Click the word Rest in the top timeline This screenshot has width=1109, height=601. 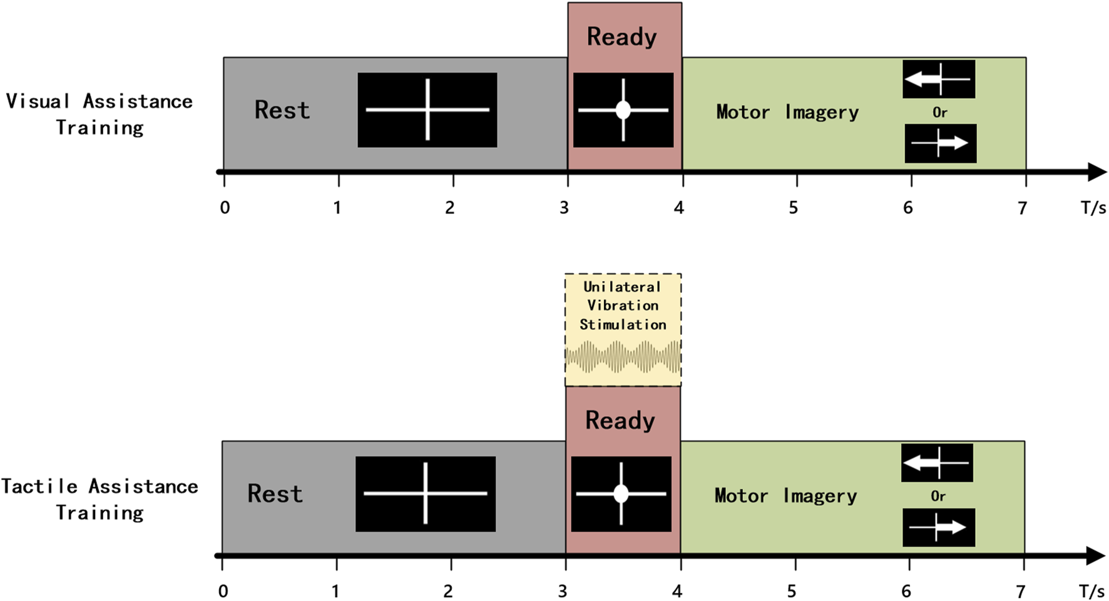[x=282, y=110]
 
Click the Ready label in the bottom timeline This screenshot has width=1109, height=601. [x=620, y=420]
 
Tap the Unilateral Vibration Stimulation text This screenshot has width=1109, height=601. [x=622, y=306]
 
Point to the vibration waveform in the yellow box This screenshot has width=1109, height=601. [x=623, y=357]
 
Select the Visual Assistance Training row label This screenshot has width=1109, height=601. [x=100, y=114]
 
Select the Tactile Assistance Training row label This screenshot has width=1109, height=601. [x=100, y=499]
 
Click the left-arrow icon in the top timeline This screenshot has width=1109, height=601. [x=938, y=80]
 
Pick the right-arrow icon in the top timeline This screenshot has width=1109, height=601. [x=941, y=143]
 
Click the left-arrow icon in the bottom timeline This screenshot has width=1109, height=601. [x=937, y=463]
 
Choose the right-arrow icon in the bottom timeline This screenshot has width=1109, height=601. [x=938, y=527]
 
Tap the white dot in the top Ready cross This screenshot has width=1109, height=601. [x=623, y=110]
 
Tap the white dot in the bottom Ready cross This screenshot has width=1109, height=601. [x=621, y=494]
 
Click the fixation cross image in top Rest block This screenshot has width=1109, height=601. [x=427, y=110]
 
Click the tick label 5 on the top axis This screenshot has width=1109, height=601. [x=794, y=208]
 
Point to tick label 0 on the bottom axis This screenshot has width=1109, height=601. [x=223, y=592]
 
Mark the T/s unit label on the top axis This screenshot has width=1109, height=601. [x=1093, y=208]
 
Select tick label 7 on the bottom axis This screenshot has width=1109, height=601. [x=1021, y=592]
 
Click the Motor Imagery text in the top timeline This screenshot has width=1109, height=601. [x=787, y=113]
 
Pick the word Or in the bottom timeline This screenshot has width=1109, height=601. [x=938, y=496]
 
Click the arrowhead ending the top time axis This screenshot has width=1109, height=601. [x=1097, y=172]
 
